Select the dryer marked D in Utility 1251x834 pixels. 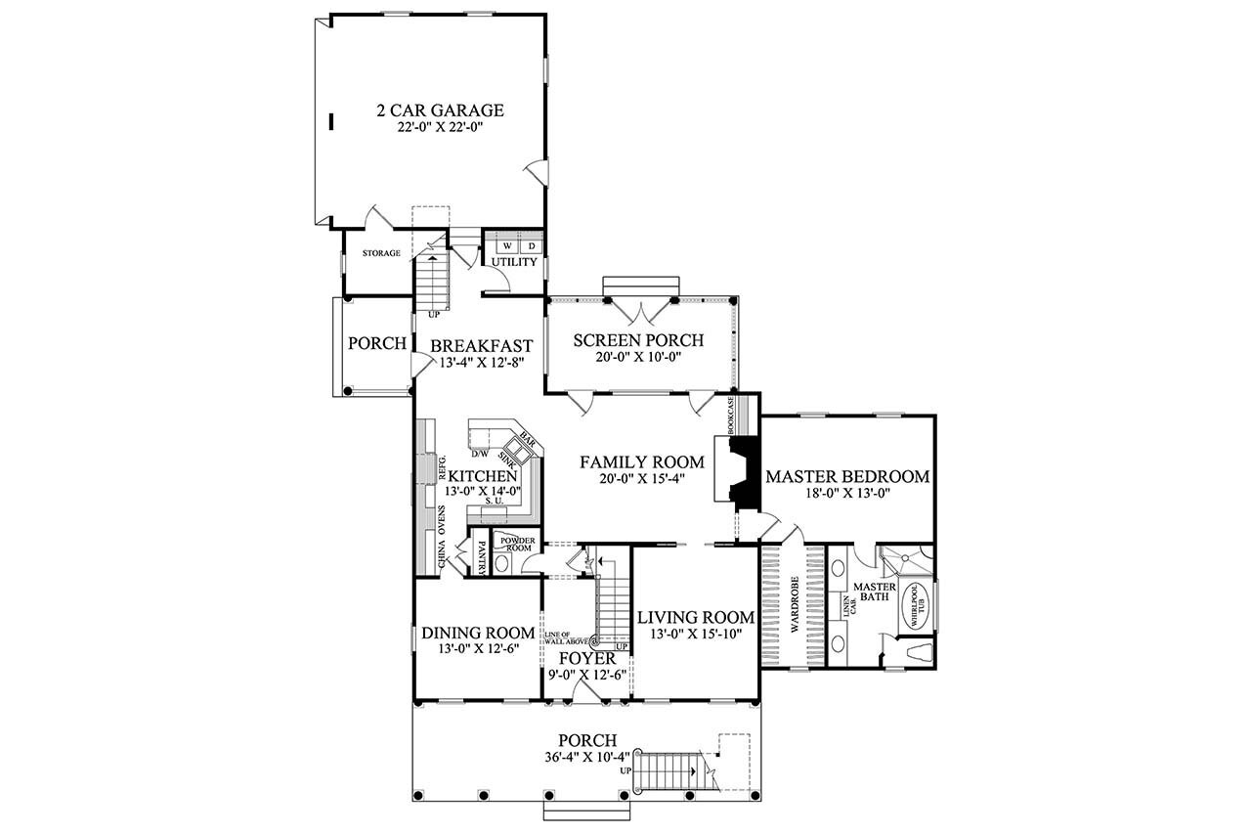click(532, 245)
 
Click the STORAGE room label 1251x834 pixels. click(381, 253)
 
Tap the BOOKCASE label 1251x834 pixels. click(731, 416)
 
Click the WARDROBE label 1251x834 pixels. click(795, 606)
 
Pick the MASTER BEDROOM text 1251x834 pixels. click(846, 477)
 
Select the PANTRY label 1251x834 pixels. click(482, 555)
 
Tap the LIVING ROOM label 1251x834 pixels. click(695, 617)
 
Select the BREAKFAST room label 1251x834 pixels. click(481, 345)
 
